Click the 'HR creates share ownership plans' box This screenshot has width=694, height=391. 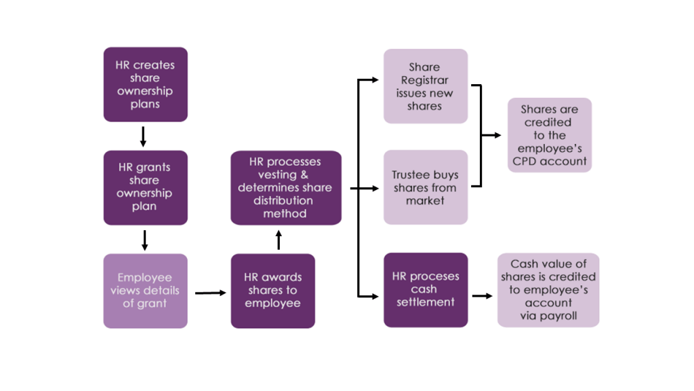(x=145, y=84)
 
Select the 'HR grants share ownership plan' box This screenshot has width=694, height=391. (x=145, y=187)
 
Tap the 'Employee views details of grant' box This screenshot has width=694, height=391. (x=145, y=291)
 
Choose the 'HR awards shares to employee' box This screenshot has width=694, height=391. (x=272, y=291)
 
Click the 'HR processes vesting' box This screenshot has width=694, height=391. (x=285, y=187)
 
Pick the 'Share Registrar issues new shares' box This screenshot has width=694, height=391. (x=425, y=86)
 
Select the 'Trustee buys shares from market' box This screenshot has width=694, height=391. (x=425, y=187)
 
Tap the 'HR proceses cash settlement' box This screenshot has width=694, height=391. (x=425, y=290)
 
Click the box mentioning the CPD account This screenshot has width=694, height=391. (x=549, y=135)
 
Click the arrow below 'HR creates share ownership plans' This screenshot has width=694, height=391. (x=143, y=136)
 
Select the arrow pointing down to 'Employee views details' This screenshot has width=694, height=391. (x=144, y=240)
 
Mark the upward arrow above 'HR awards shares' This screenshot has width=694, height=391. (x=279, y=239)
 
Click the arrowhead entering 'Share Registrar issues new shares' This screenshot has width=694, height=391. (x=375, y=80)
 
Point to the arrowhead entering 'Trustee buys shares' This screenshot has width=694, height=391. (x=375, y=188)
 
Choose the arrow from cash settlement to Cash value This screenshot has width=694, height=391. (x=482, y=296)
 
